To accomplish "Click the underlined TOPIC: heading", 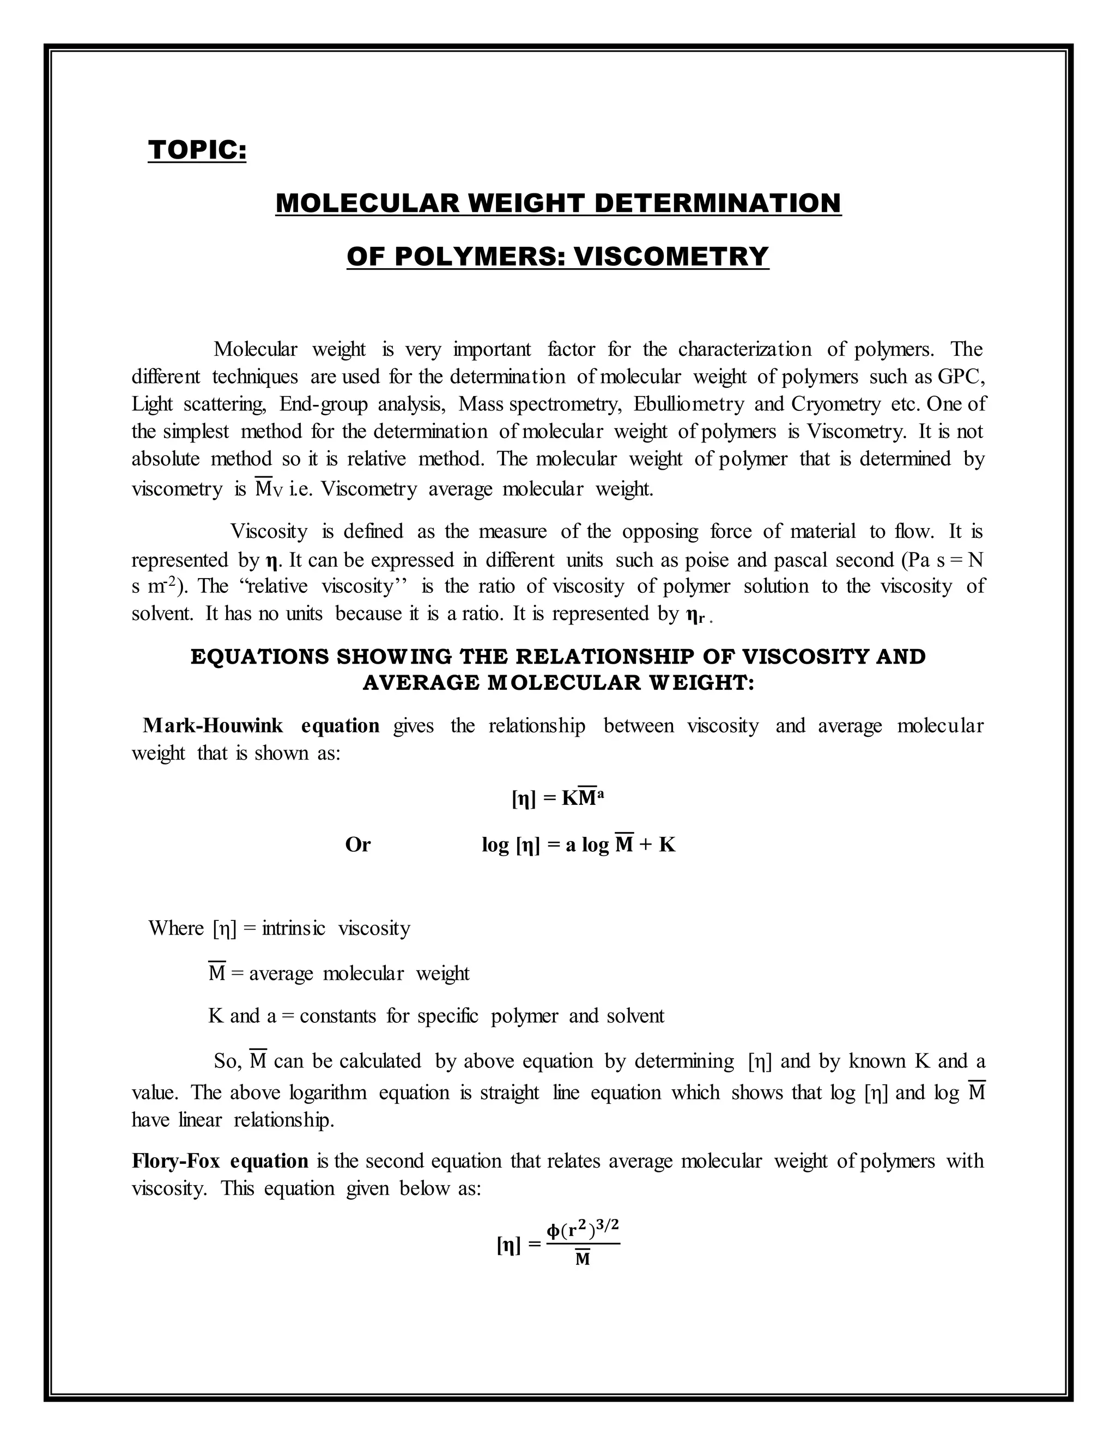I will pyautogui.click(x=197, y=150).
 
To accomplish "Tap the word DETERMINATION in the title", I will pyautogui.click(x=717, y=203).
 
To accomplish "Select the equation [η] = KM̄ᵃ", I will pyautogui.click(x=558, y=798).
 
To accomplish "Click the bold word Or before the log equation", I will pyautogui.click(x=357, y=845).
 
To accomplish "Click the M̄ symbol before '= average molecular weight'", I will pyautogui.click(x=217, y=973).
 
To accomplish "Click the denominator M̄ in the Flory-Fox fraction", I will pyautogui.click(x=583, y=1259).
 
